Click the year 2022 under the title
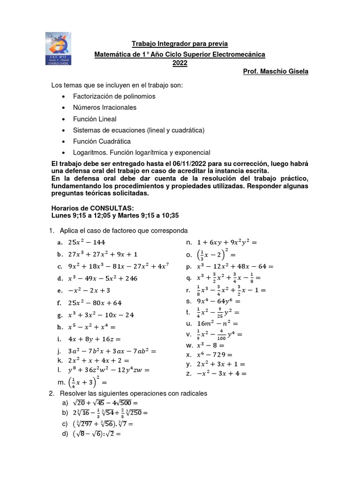(x=180, y=63)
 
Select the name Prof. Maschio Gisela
(x=276, y=72)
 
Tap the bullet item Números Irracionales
(x=105, y=107)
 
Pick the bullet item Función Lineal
(x=95, y=119)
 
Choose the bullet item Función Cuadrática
(x=102, y=141)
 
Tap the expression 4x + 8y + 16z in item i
(x=95, y=339)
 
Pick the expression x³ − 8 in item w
(x=210, y=345)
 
